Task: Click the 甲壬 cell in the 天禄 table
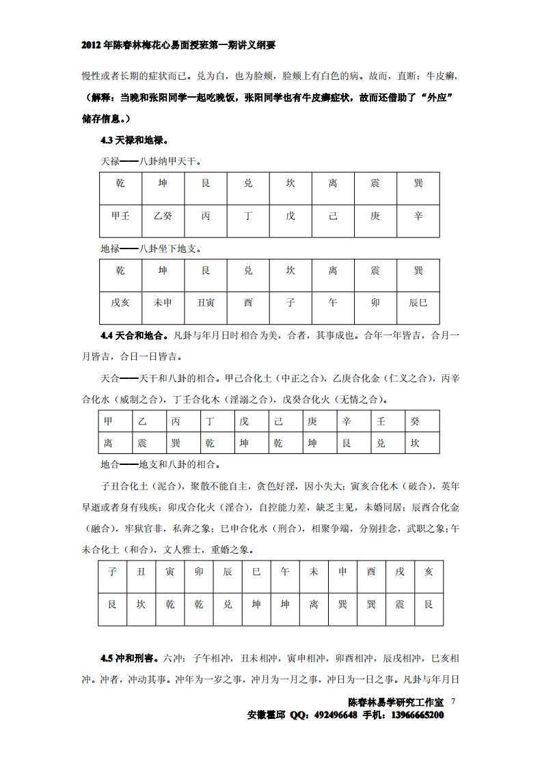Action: (x=120, y=216)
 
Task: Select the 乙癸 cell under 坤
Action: (x=163, y=216)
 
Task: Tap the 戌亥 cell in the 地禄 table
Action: (x=120, y=302)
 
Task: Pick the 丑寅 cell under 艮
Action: (x=205, y=302)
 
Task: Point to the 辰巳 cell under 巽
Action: (x=418, y=302)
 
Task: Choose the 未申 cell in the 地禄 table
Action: (x=163, y=302)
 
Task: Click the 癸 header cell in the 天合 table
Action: (x=415, y=422)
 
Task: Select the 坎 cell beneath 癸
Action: (x=415, y=443)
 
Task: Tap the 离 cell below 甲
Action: (x=108, y=443)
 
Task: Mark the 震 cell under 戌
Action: (x=400, y=604)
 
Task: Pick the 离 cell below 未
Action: (x=314, y=604)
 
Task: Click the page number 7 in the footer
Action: (x=453, y=701)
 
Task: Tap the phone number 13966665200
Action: (x=417, y=715)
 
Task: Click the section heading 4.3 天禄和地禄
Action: (x=134, y=140)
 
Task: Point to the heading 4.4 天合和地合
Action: (x=134, y=335)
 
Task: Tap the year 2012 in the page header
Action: (x=92, y=45)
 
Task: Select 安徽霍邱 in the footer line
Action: (x=267, y=715)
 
